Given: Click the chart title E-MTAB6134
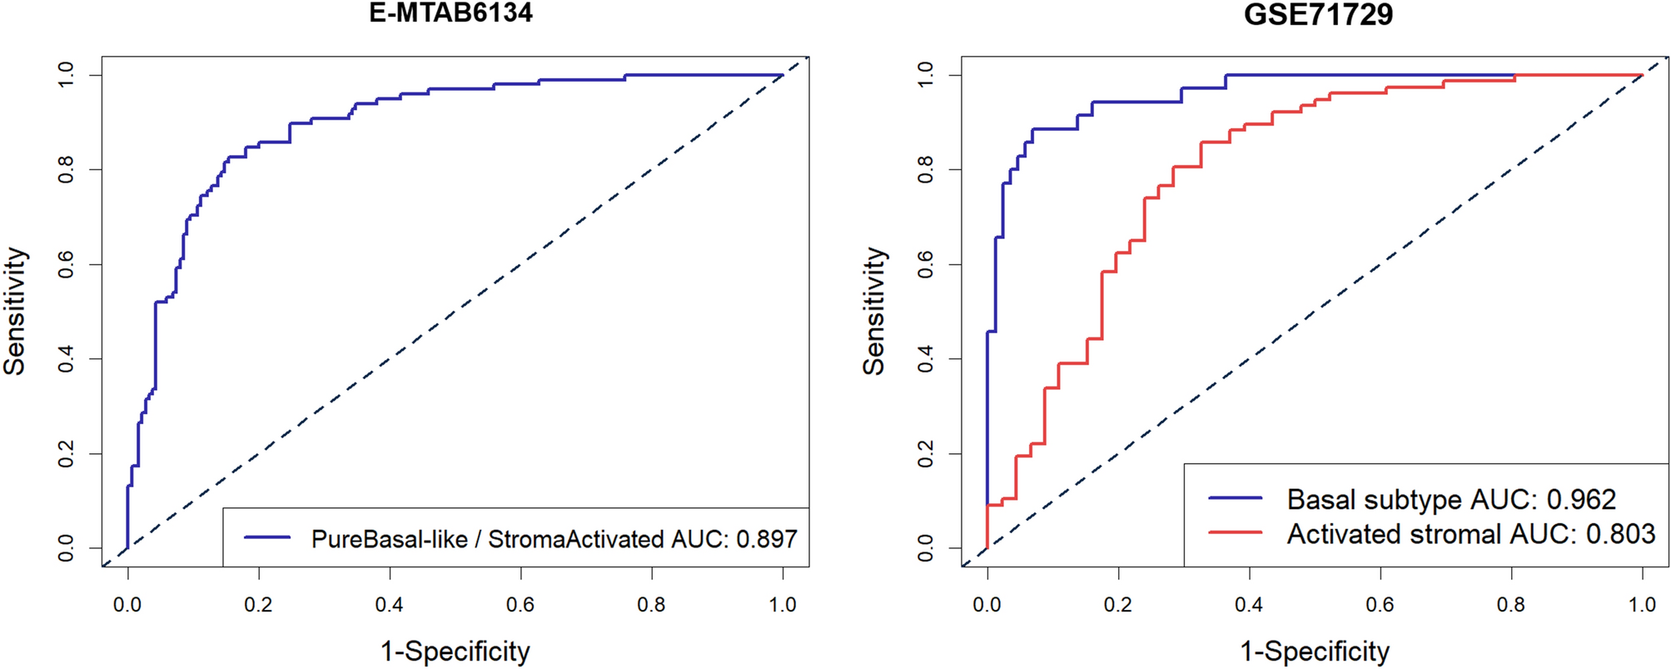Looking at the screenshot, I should pos(450,12).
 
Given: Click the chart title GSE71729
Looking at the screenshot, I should pos(1318,14).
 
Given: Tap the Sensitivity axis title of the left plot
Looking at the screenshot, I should pos(15,311).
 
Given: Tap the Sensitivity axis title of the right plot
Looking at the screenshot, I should pos(873,311).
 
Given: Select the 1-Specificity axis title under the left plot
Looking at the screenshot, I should pos(455,651).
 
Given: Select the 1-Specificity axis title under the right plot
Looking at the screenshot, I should pos(1315,651).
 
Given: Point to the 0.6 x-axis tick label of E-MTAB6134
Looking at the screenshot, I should pos(520,604).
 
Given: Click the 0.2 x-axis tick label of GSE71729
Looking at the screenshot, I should pos(1117,604).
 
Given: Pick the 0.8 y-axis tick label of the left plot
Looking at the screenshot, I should pos(67,170).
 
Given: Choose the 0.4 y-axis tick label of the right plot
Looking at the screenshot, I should pos(926,359).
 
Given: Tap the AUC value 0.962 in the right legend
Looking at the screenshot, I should pos(1581,499).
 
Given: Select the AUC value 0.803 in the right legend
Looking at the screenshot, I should pos(1620,534).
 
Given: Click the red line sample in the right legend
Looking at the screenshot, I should pos(1235,532).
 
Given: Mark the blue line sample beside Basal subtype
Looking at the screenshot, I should pos(1235,498).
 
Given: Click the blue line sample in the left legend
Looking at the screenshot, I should pos(267,538).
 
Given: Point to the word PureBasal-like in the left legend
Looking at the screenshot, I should pos(389,539).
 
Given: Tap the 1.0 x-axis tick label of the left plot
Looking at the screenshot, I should pos(782,604).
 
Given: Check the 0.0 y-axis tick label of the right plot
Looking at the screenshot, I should pos(926,548).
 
